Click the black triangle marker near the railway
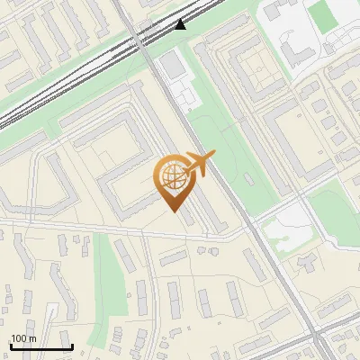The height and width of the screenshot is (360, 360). (x=181, y=24)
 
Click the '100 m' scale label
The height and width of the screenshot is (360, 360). (x=23, y=338)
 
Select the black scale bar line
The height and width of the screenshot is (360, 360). (x=40, y=346)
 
